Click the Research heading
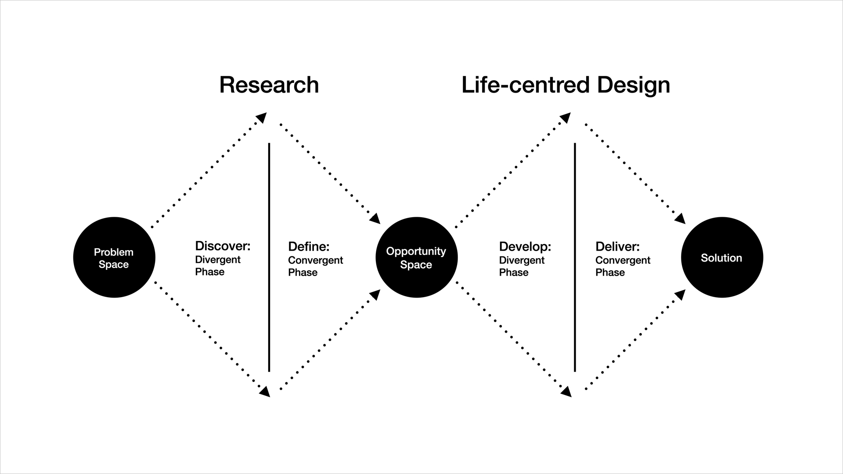[x=269, y=85]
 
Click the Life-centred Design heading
[x=566, y=85]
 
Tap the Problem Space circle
[x=114, y=258]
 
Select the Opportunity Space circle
[x=416, y=258]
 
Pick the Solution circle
[x=722, y=258]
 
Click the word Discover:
[x=223, y=246]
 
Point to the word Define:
[x=309, y=246]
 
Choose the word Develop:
[x=525, y=246]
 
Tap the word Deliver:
[x=617, y=246]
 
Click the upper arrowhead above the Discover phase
[x=262, y=118]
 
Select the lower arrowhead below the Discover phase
[x=264, y=391]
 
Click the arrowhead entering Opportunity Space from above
[x=375, y=219]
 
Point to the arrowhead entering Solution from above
[x=680, y=219]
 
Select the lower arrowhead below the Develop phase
[x=566, y=391]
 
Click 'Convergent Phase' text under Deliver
[x=623, y=266]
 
